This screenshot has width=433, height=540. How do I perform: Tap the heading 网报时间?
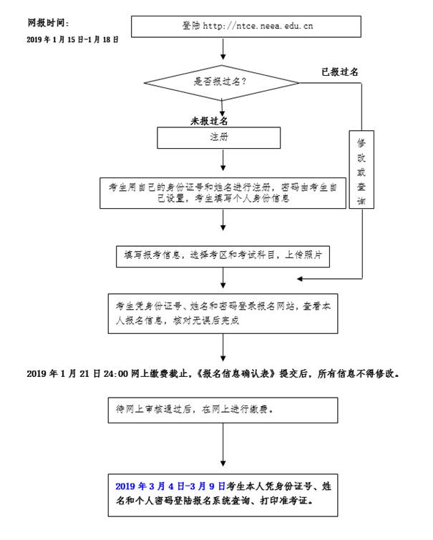(x=48, y=23)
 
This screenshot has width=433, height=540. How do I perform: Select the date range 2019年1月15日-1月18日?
(x=72, y=39)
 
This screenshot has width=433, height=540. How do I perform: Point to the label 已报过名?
(x=340, y=72)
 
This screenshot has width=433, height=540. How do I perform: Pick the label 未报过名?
(x=209, y=121)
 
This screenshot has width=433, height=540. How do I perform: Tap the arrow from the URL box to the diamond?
(x=224, y=50)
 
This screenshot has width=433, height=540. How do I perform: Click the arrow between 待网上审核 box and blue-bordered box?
(x=224, y=448)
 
